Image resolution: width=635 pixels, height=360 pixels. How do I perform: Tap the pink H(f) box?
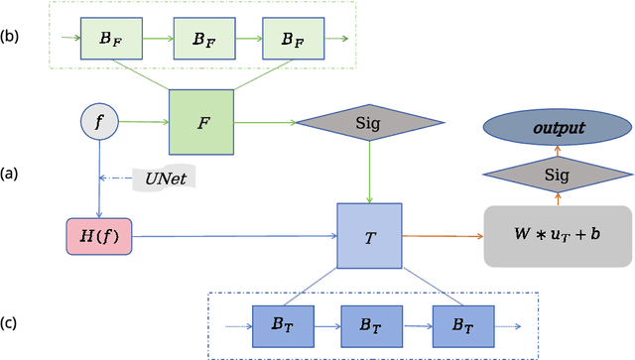point(98,237)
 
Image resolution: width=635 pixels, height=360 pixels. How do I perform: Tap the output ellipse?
point(557,128)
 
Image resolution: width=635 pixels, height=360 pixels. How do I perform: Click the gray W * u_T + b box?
point(557,236)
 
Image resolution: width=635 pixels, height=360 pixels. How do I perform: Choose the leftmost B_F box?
point(111,40)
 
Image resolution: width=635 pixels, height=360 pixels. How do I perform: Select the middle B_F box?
point(201,40)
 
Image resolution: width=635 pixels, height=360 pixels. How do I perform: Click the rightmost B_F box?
point(292,40)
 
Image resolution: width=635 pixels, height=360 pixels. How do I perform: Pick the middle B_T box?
point(371,323)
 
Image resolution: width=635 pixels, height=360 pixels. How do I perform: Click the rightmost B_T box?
point(462,323)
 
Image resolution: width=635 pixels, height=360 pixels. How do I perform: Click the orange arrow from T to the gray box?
point(442,237)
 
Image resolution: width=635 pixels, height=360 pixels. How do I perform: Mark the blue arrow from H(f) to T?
point(233,237)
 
